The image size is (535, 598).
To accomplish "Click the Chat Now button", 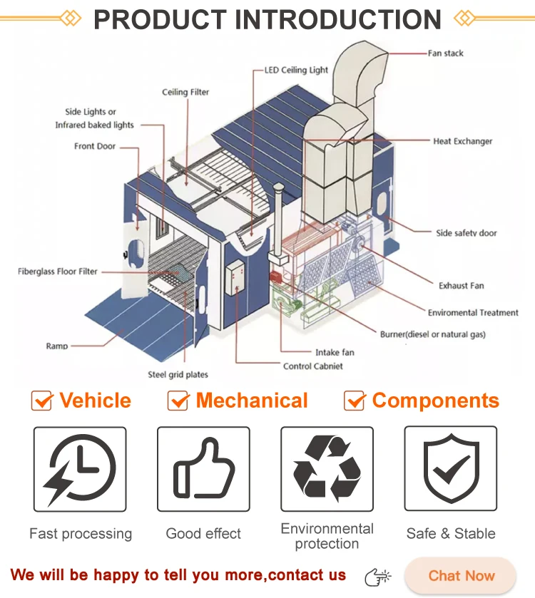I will tap(461, 576).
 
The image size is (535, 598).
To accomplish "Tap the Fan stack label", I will tap(446, 53).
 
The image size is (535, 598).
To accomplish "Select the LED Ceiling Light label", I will tap(296, 70).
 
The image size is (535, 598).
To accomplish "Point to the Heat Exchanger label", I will tap(462, 141).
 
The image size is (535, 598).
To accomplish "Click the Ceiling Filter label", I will tap(185, 92).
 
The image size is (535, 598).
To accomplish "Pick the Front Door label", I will tap(95, 146).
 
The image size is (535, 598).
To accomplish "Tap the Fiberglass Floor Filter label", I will tap(58, 272).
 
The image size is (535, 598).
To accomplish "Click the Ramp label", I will tap(57, 346).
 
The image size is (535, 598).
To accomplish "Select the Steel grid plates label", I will tap(178, 375).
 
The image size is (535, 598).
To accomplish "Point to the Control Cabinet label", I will tap(313, 366).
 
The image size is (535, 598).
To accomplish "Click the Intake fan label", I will tap(335, 352).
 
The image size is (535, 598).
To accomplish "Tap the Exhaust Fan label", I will tap(461, 286).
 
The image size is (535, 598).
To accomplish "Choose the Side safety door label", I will tap(467, 233).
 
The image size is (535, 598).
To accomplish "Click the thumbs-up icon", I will tap(203, 468).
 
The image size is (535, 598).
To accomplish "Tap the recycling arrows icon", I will tap(327, 468).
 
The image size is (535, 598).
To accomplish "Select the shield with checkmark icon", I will tap(450, 468).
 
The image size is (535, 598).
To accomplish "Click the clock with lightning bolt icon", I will tap(80, 468).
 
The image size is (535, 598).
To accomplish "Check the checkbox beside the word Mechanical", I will tap(178, 401).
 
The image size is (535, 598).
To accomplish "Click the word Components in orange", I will tap(435, 401).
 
